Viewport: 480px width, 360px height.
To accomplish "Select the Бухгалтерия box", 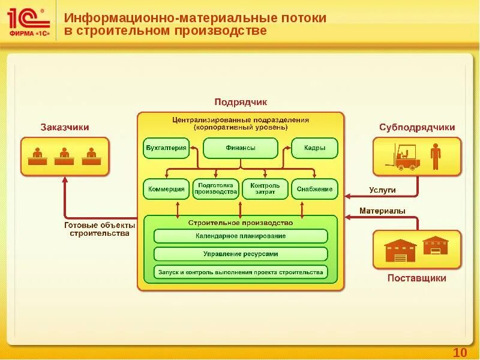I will pyautogui.click(x=166, y=148).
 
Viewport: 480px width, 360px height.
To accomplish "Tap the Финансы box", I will pyautogui.click(x=241, y=148).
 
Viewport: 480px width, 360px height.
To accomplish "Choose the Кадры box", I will pyautogui.click(x=314, y=148).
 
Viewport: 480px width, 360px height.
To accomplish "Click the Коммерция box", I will pyautogui.click(x=166, y=189).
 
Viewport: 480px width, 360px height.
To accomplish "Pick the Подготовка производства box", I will pyautogui.click(x=215, y=189).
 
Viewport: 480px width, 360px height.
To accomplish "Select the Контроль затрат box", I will pyautogui.click(x=265, y=189).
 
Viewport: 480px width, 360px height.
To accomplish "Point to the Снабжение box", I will pyautogui.click(x=314, y=189).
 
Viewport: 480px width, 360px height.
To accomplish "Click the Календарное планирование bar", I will pyautogui.click(x=241, y=236).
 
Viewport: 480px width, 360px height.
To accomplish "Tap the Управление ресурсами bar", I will pyautogui.click(x=241, y=254).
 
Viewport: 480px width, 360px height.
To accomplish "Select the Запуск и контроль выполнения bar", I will pyautogui.click(x=241, y=272).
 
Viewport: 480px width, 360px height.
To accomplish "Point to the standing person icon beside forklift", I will pyautogui.click(x=435, y=156).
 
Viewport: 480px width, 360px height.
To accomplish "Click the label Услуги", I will pyautogui.click(x=382, y=191).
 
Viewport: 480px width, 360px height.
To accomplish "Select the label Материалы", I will pyautogui.click(x=382, y=211).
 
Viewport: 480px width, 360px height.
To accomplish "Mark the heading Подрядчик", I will pyautogui.click(x=241, y=103).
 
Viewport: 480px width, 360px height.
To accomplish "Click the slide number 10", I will pyautogui.click(x=460, y=352).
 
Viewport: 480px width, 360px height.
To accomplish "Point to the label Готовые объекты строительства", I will pyautogui.click(x=99, y=229).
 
